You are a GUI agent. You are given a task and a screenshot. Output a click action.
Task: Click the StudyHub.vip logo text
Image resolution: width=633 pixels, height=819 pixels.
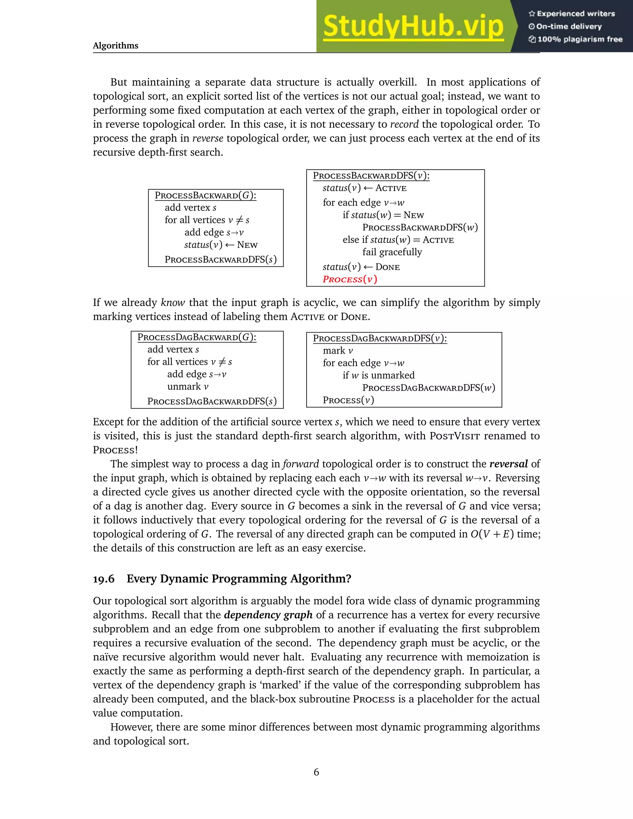tap(413, 26)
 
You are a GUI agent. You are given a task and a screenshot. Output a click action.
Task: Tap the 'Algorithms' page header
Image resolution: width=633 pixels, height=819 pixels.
tap(116, 46)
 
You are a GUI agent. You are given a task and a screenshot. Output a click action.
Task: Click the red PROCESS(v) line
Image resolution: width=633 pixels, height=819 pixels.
tap(350, 279)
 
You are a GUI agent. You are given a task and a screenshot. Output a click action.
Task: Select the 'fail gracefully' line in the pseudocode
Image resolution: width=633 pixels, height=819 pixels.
tap(392, 252)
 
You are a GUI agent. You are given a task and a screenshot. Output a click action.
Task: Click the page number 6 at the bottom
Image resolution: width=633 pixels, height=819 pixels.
tap(316, 772)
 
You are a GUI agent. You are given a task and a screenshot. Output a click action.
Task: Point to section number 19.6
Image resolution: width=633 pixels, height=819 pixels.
tap(104, 579)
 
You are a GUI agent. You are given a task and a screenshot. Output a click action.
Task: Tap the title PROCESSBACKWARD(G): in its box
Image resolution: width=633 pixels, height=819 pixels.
tap(206, 195)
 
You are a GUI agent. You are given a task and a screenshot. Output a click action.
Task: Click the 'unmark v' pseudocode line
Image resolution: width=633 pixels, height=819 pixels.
tap(188, 387)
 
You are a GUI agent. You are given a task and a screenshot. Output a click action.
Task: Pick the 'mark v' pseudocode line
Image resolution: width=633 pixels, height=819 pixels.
tap(338, 351)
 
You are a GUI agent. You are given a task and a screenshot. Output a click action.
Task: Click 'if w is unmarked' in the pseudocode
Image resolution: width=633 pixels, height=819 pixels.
tap(378, 376)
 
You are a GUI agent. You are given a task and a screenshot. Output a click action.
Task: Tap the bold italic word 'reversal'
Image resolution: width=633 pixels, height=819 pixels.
tap(508, 464)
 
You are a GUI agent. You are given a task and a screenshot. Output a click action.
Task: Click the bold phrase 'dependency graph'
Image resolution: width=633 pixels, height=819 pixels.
tap(268, 615)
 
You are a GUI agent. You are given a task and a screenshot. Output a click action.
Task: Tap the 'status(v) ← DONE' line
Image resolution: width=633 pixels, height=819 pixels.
tap(361, 267)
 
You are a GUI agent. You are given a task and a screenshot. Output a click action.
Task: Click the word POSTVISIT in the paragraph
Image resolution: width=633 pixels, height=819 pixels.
tap(454, 436)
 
